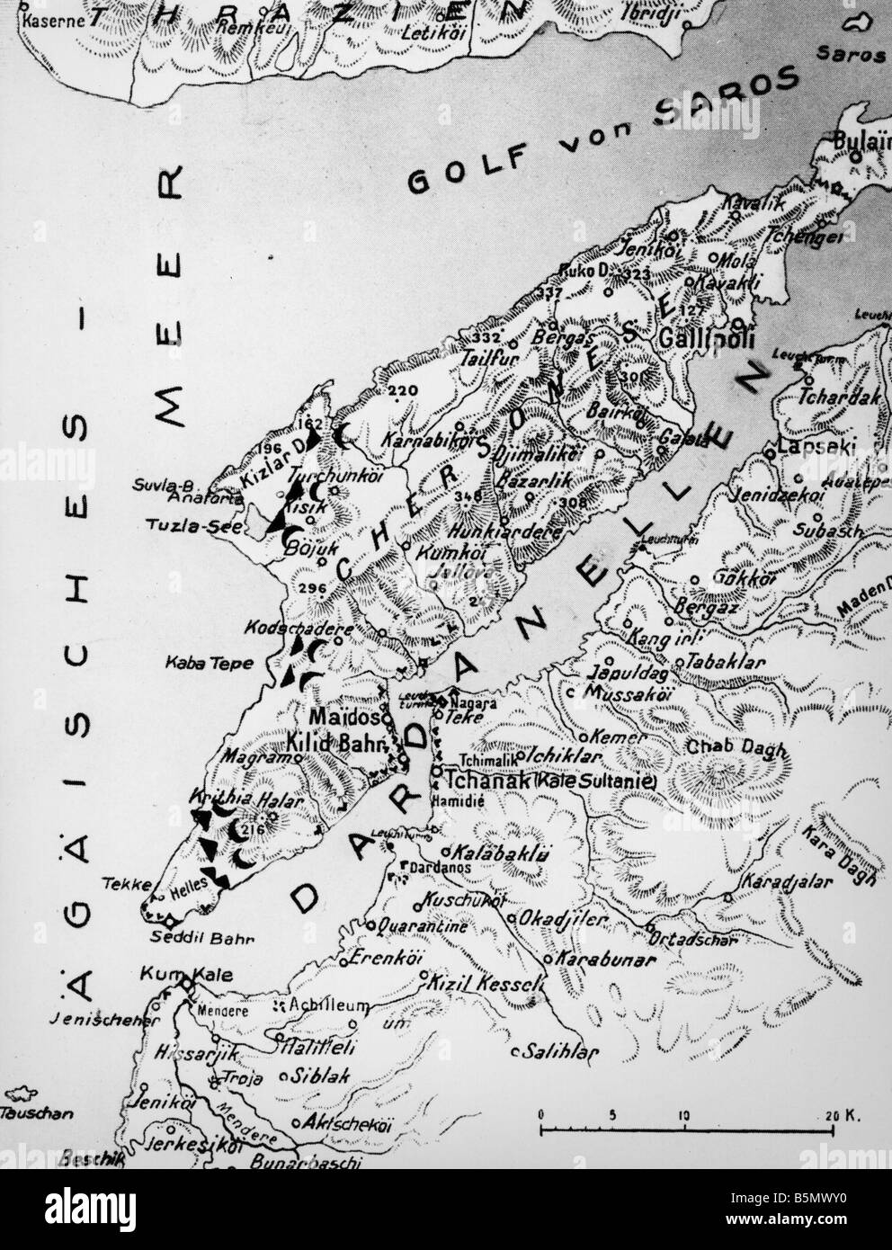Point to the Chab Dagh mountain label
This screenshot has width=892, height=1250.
723,747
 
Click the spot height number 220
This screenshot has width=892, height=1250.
404,391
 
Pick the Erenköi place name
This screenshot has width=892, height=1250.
379,957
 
